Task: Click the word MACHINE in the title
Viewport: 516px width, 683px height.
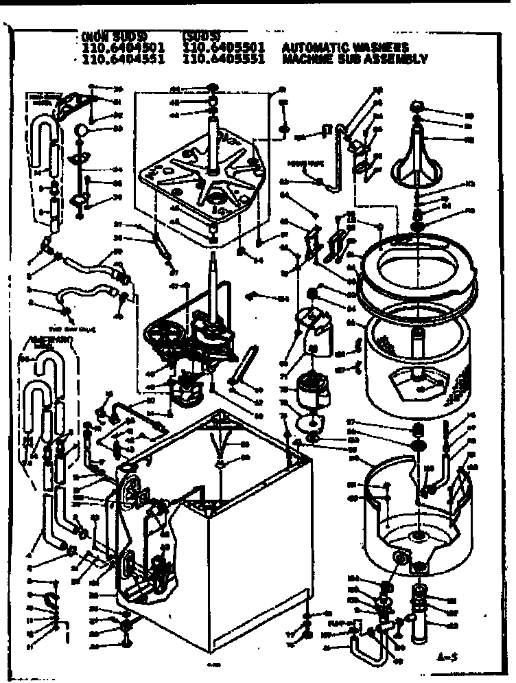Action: coord(307,59)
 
